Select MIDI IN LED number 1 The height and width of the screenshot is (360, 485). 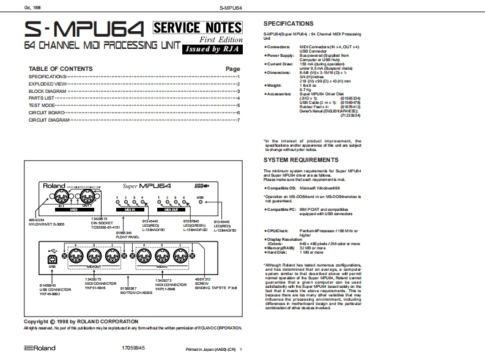click(117, 202)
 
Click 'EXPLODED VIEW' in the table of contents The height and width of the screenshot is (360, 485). click(48, 84)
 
